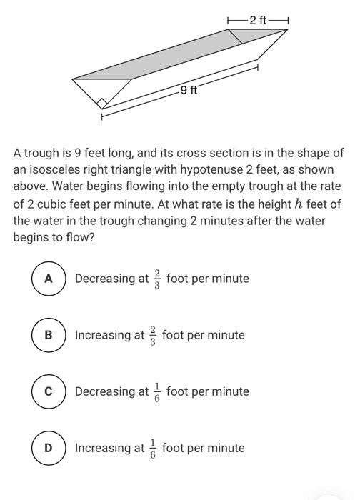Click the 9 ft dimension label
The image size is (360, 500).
189,90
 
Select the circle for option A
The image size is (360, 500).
49,279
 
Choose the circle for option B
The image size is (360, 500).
49,335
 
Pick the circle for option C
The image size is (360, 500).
49,391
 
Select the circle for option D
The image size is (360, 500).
49,448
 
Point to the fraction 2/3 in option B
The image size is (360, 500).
153,334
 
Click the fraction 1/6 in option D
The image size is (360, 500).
153,448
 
